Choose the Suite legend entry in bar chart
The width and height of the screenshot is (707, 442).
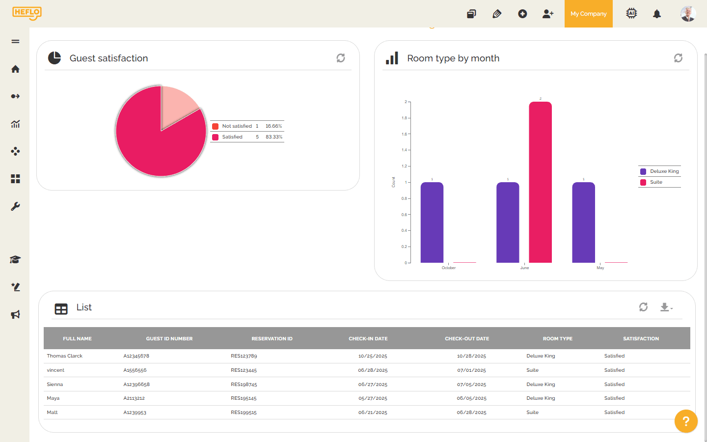point(656,182)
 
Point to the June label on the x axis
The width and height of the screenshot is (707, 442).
point(524,268)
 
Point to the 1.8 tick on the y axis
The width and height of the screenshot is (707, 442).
point(404,118)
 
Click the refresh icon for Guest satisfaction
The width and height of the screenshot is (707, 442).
point(341,58)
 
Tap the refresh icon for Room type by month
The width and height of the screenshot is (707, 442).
point(678,58)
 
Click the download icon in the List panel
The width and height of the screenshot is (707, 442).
point(665,307)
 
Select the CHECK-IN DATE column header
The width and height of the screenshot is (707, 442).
point(368,339)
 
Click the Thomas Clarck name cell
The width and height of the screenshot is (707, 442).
point(65,356)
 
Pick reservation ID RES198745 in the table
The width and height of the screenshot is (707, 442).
point(244,385)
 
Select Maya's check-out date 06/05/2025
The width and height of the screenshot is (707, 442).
point(471,398)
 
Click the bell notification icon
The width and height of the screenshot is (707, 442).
point(657,14)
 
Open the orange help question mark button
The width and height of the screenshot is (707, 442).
point(686,421)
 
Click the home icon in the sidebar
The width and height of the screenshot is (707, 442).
point(15,69)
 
